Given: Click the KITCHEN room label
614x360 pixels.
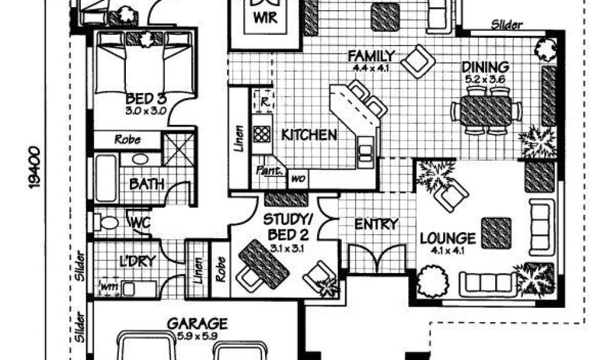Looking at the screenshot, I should click(309, 134).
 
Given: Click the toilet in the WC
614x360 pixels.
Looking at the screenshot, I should click(107, 223).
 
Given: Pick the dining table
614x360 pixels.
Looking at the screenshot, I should click(487, 111).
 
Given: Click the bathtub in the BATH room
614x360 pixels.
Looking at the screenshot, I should click(106, 178).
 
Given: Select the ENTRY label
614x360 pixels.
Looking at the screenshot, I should click(376, 224).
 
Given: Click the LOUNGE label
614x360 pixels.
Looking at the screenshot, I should click(447, 238).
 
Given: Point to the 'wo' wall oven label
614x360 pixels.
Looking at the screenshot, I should click(298, 178).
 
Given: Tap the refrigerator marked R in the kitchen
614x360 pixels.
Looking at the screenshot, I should click(262, 100).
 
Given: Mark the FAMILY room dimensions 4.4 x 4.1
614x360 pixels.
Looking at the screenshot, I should click(372, 68).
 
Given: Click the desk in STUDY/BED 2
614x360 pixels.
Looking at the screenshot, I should click(263, 263).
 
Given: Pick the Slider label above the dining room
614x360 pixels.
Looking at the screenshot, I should click(507, 25).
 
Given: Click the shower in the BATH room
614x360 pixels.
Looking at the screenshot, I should click(179, 146).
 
